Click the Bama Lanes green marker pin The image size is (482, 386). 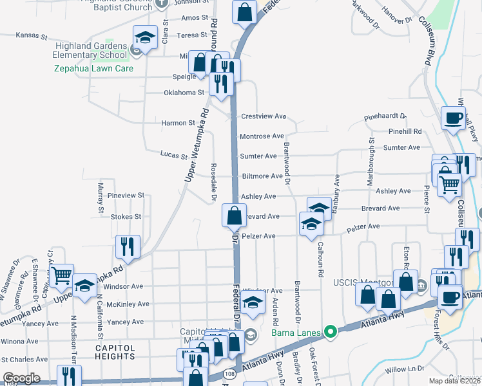click(331, 333)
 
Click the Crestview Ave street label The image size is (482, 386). click(263, 116)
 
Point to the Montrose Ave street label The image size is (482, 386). click(262, 136)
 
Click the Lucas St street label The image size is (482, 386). click(174, 156)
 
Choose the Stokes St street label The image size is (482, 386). click(126, 217)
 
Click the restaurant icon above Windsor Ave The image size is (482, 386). click(128, 246)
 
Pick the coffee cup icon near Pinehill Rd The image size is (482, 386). click(453, 118)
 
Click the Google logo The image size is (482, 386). click(21, 378)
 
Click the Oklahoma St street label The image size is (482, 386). click(184, 93)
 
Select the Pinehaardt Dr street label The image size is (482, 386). click(385, 116)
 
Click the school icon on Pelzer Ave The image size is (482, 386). click(311, 224)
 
